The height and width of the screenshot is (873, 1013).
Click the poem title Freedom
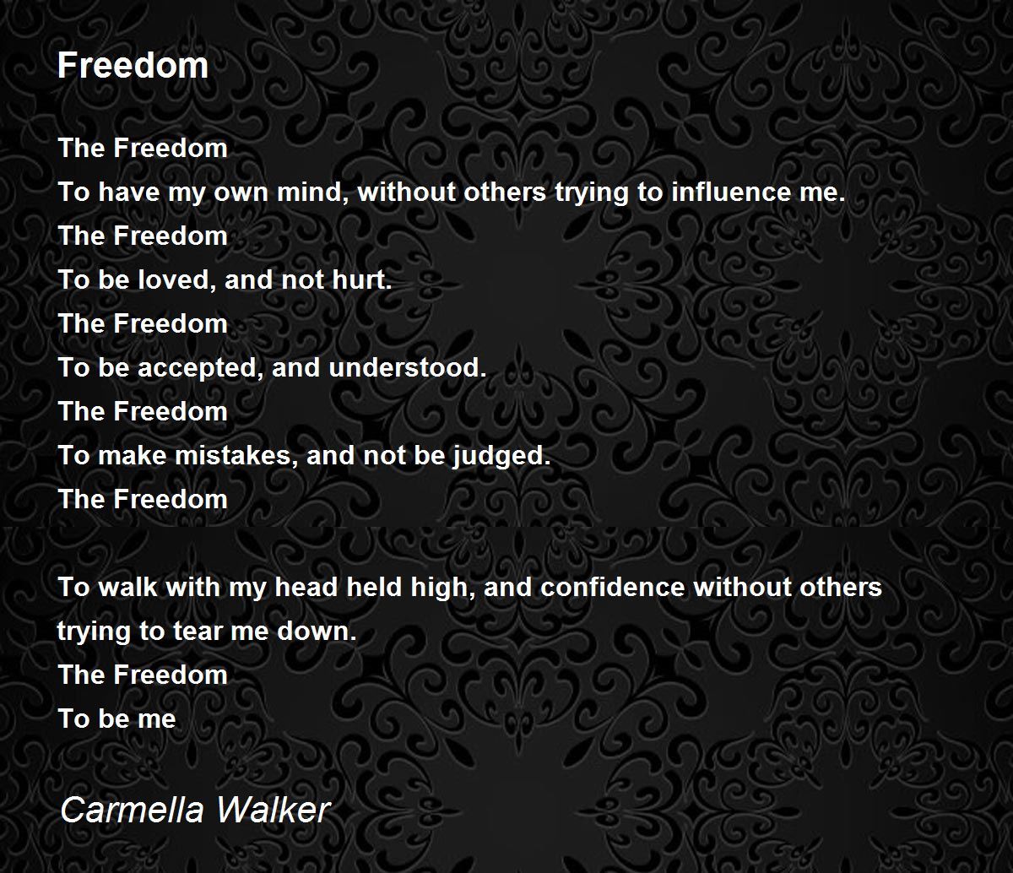point(133,65)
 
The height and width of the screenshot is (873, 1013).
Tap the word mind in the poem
point(313,192)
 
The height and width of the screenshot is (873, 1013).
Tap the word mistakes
point(236,456)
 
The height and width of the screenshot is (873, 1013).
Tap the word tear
point(198,632)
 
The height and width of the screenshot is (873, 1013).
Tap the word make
point(133,456)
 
